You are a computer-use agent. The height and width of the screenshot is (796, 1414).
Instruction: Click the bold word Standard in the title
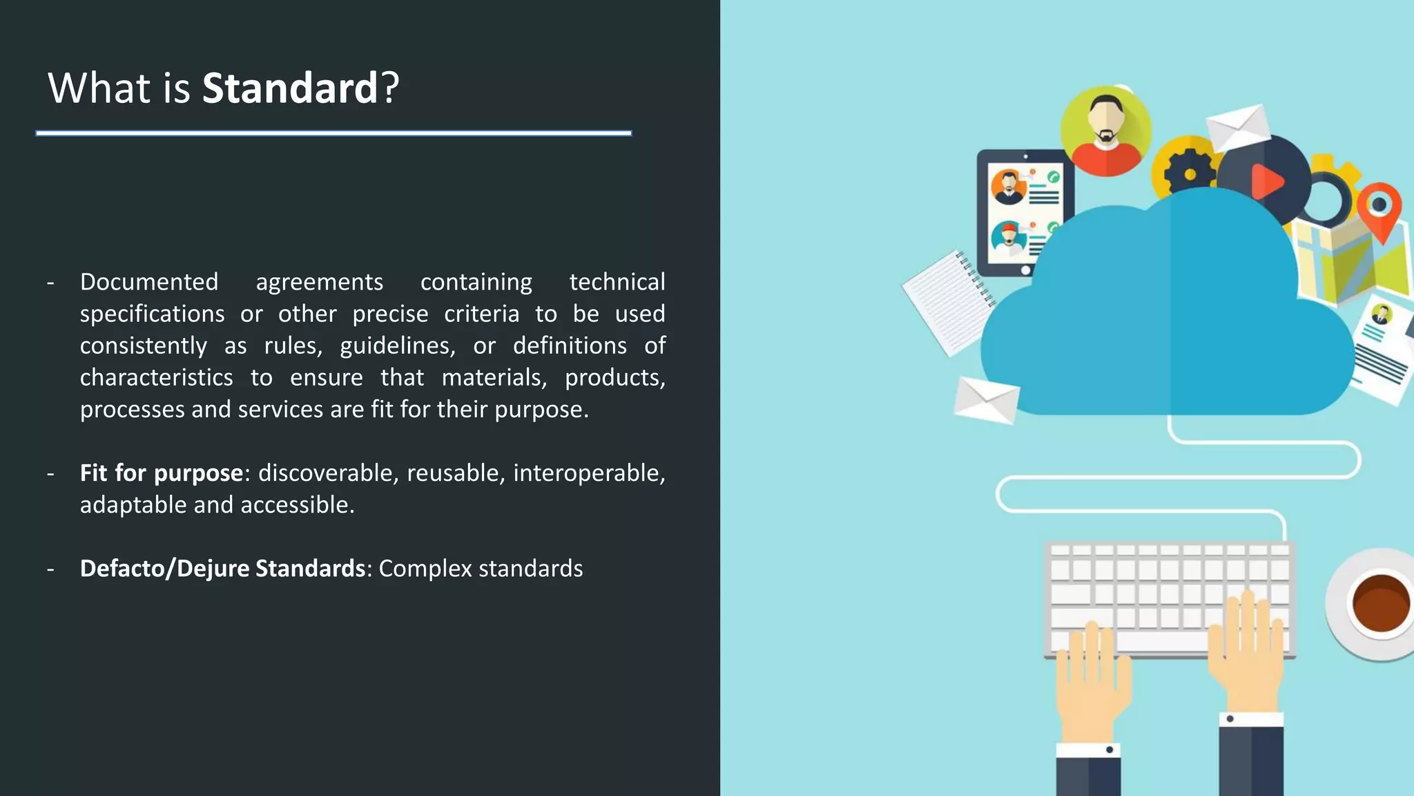click(289, 88)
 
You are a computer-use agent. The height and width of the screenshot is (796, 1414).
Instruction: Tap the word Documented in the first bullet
click(148, 282)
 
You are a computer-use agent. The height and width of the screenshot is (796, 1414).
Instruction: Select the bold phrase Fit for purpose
click(161, 473)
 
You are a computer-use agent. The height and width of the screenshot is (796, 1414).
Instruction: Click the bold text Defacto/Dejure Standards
click(222, 568)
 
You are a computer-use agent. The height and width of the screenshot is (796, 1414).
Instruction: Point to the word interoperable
click(586, 473)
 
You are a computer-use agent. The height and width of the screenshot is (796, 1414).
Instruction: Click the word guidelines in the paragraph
click(396, 345)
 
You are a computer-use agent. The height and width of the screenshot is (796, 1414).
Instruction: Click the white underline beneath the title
click(333, 133)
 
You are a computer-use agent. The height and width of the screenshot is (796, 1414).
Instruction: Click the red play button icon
click(1267, 181)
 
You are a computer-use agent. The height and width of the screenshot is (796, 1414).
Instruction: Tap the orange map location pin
click(1379, 209)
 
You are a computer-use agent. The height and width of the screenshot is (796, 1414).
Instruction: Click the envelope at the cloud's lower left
click(986, 400)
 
